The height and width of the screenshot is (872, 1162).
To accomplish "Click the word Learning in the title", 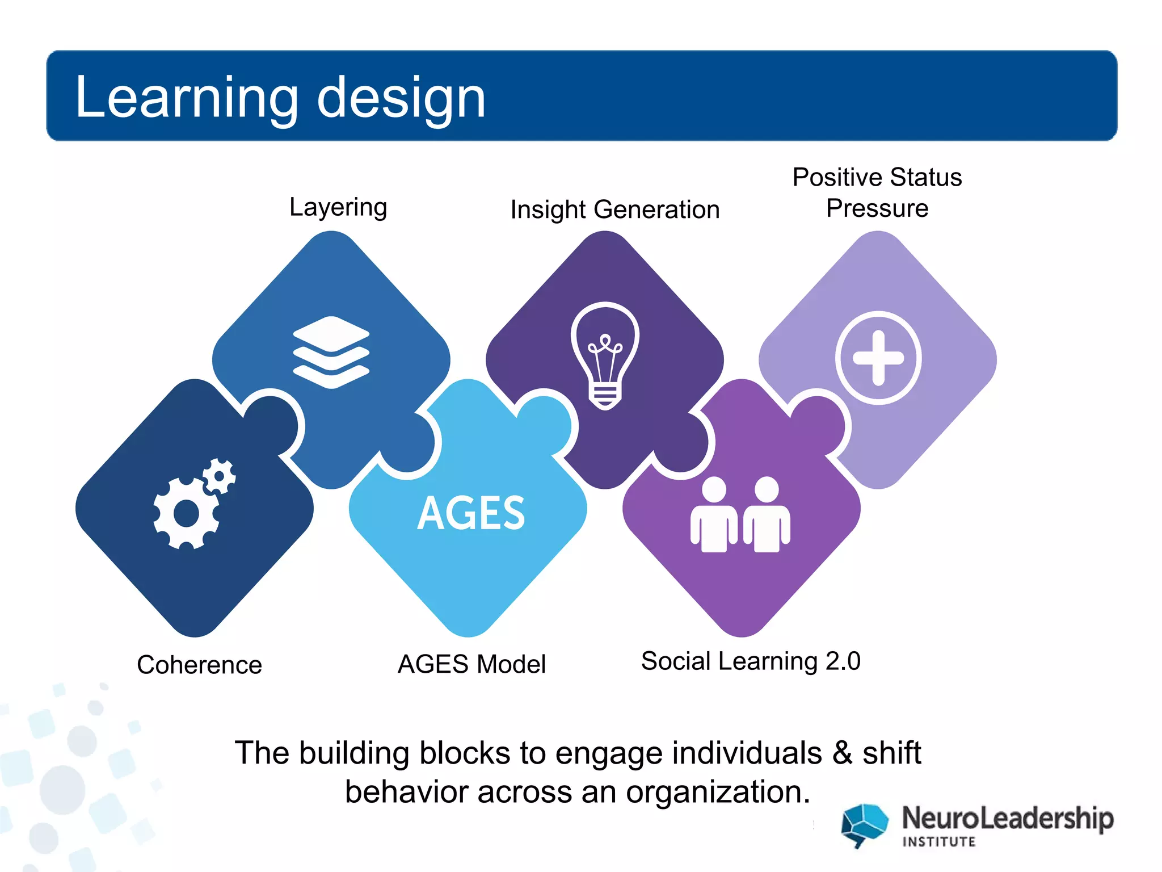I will point(186,98).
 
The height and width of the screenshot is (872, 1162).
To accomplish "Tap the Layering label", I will point(338,207).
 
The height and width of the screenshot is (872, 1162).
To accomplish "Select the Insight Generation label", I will point(614,209).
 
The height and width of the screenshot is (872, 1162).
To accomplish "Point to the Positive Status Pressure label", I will point(877,192).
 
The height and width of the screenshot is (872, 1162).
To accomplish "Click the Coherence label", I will point(199,664).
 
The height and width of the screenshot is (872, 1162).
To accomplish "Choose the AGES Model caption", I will point(471,664).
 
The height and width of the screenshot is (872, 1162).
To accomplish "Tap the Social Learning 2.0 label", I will point(751,661).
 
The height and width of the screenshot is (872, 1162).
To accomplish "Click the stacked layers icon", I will point(331,352).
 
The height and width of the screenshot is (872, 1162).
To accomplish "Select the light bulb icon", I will point(605,354).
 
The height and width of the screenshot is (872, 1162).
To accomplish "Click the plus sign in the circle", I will point(878,358).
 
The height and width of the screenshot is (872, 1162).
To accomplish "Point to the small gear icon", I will point(220,476).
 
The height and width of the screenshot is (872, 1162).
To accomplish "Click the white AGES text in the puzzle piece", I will point(471,513).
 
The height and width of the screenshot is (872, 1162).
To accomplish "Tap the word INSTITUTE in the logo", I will point(939,841).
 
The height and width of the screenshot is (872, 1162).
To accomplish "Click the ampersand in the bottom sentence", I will point(843,753).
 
